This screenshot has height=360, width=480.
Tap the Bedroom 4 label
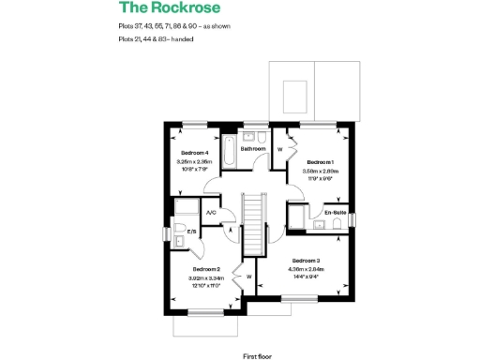tap(195, 152)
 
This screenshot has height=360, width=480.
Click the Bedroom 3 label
tap(307, 260)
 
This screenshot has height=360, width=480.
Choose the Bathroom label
tap(253, 148)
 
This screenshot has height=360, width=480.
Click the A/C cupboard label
tap(211, 213)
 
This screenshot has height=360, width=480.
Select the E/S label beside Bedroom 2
tap(191, 232)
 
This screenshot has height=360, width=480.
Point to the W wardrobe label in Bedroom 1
tap(280, 149)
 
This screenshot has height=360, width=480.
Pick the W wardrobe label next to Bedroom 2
tap(249, 277)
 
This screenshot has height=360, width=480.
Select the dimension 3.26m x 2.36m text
tap(195, 161)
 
